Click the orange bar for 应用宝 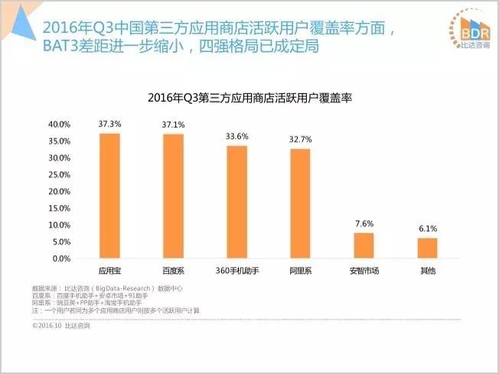[x=109, y=197]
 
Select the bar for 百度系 [x=173, y=197]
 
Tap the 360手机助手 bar [x=236, y=203]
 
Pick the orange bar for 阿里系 [x=300, y=204]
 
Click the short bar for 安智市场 [x=364, y=246]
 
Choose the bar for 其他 [x=427, y=249]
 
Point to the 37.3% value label [x=109, y=123]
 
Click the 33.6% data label [x=236, y=136]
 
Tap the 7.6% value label [x=364, y=223]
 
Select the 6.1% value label [x=427, y=229]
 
